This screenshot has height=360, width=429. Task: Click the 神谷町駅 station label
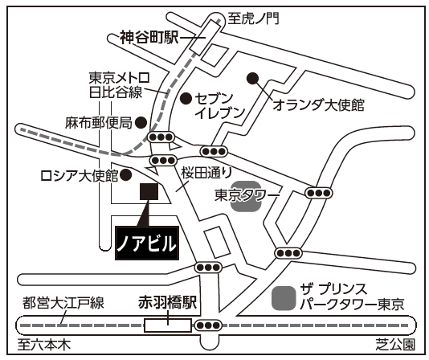coord(149,38)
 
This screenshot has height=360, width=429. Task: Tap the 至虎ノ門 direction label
coord(254,18)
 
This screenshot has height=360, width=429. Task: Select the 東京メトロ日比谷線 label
coord(119,85)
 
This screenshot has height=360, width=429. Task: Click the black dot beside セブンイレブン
coord(186,98)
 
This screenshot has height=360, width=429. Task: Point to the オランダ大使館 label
coord(318,105)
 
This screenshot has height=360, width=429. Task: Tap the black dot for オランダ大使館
coord(252,78)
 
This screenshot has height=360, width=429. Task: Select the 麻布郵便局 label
coord(99,123)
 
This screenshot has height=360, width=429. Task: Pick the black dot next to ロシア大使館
coord(126,174)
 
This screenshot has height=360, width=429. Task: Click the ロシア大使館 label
coord(80,176)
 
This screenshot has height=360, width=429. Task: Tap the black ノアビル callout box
coord(147,243)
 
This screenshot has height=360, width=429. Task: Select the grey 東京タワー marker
coord(245,196)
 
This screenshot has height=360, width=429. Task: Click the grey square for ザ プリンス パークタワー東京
coord(284,298)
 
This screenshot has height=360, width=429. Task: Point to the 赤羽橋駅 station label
coord(167,303)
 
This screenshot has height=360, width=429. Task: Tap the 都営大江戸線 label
coord(63,303)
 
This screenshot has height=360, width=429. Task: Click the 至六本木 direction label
coord(44,345)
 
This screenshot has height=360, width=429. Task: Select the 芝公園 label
coord(395,345)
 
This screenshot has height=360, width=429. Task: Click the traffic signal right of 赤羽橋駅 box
coord(209,325)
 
